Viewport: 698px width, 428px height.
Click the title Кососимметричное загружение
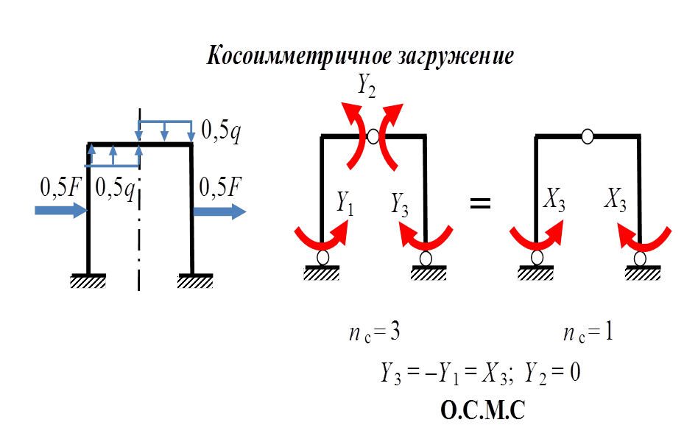360,56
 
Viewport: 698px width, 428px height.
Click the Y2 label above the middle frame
366,85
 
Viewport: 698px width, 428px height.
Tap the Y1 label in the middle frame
345,201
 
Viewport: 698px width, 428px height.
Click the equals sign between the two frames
480,202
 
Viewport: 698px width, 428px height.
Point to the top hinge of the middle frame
373,136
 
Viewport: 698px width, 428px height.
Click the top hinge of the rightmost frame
588,136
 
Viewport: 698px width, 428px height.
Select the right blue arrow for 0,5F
219,211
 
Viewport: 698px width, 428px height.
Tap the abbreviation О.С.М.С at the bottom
482,410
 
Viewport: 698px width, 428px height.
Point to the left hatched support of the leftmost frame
88,281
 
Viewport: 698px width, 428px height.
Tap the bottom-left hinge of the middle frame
322,258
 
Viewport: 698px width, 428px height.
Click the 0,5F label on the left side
60,188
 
